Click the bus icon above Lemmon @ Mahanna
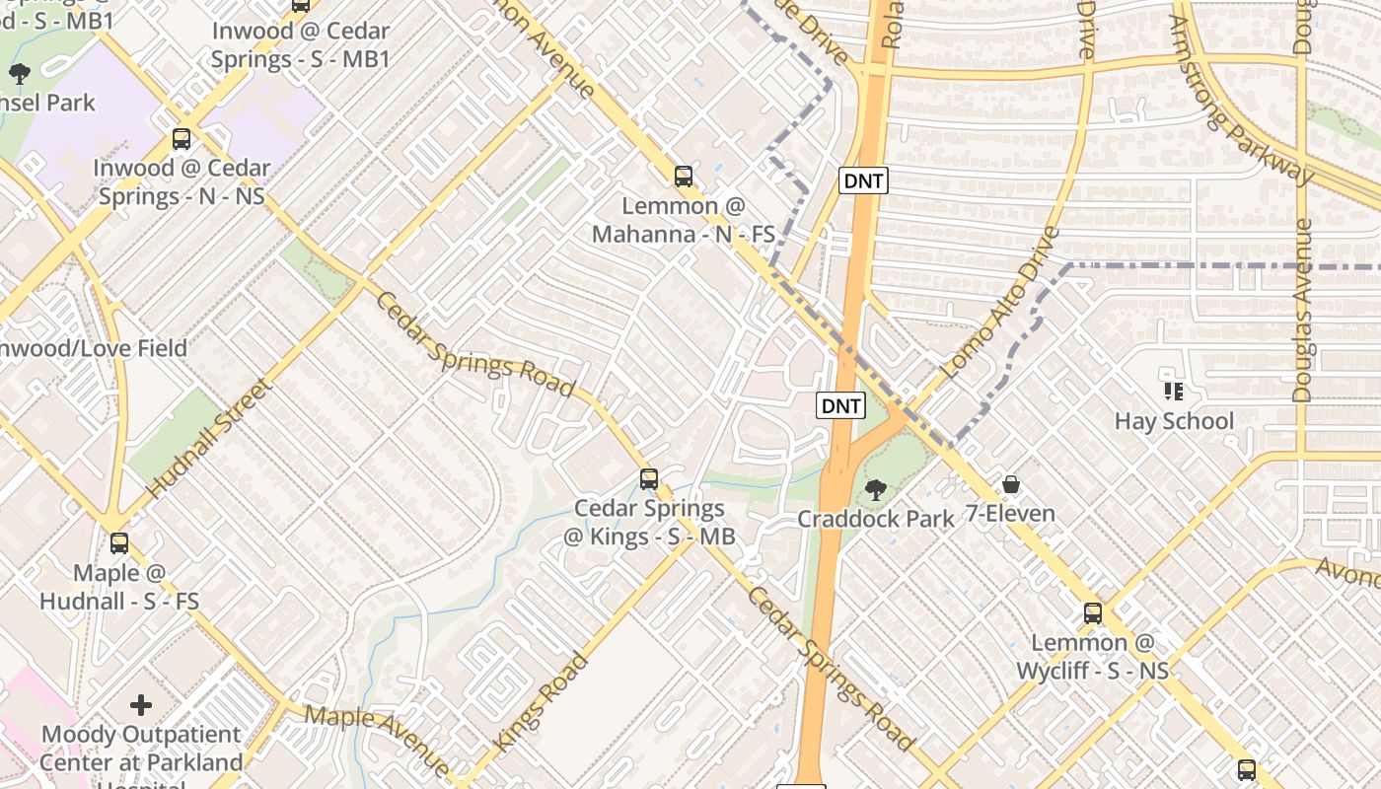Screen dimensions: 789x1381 tap(683, 177)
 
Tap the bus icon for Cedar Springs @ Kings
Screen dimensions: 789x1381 tap(649, 479)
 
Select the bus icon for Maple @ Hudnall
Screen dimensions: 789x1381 tap(119, 542)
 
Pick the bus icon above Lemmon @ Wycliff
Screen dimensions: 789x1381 tap(1093, 612)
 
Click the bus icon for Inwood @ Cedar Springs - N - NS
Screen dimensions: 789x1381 tap(182, 139)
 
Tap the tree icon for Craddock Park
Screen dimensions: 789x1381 tap(875, 489)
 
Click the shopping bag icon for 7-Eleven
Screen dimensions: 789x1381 tap(1011, 484)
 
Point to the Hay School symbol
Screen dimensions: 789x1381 tap(1174, 392)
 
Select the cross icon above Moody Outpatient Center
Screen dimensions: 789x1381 tap(141, 705)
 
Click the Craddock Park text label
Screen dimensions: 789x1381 tap(876, 519)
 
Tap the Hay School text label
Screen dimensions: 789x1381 tap(1174, 421)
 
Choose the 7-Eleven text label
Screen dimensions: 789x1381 tap(1011, 514)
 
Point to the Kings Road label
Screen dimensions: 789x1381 tap(541, 703)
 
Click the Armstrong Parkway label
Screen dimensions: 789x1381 tap(1244, 99)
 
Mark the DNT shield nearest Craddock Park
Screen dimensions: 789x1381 tap(841, 405)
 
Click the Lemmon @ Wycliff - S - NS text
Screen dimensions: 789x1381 tap(1093, 657)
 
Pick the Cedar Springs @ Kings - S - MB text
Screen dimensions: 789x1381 tap(649, 523)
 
